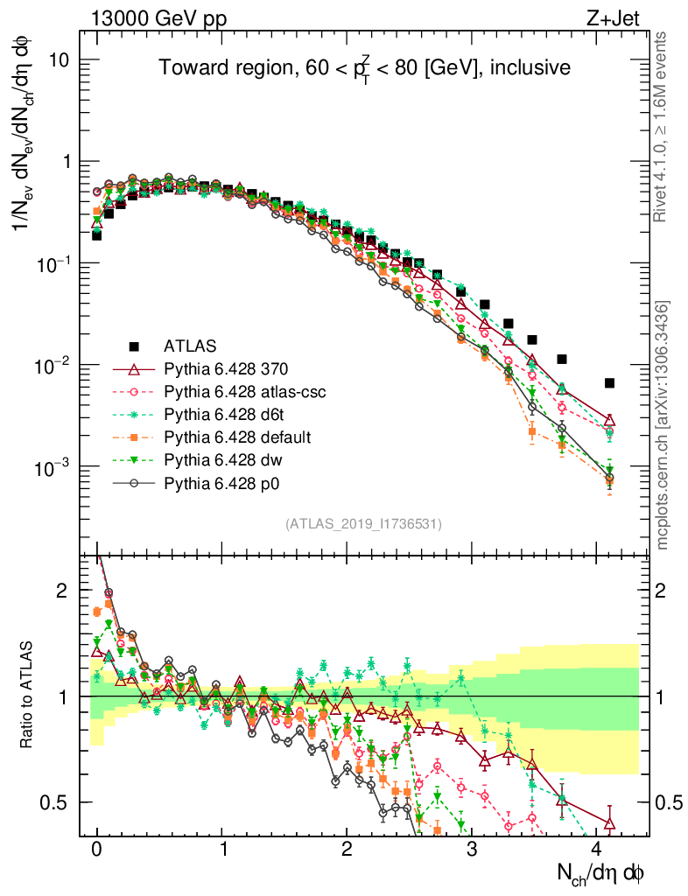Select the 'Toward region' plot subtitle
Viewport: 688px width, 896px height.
tap(364, 67)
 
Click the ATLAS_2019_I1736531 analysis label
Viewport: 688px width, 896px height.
tap(363, 524)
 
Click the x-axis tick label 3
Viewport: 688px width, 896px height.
tap(472, 850)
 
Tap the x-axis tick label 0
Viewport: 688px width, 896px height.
tap(97, 850)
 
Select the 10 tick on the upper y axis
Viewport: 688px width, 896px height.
tap(59, 60)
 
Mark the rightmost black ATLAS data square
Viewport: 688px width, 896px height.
tap(609, 382)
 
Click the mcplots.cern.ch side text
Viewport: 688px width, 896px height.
tap(663, 425)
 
